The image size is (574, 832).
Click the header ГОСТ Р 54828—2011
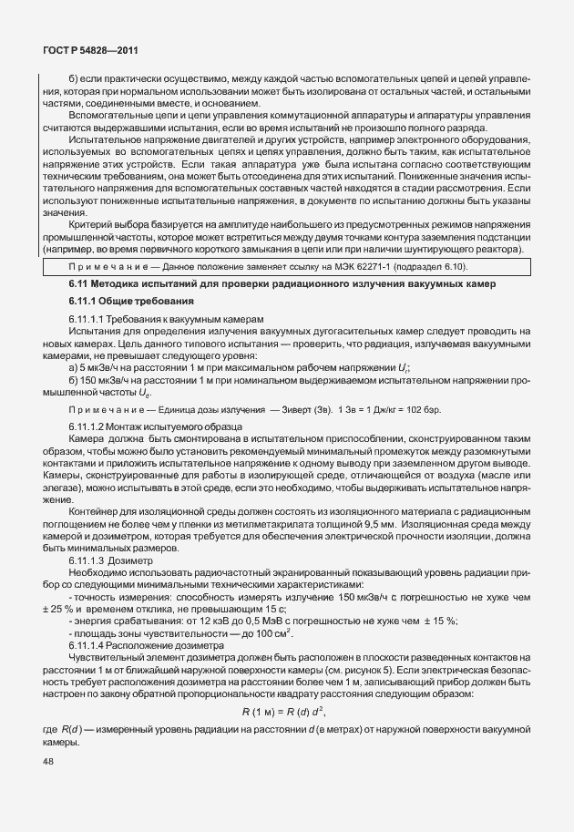pos(90,52)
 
